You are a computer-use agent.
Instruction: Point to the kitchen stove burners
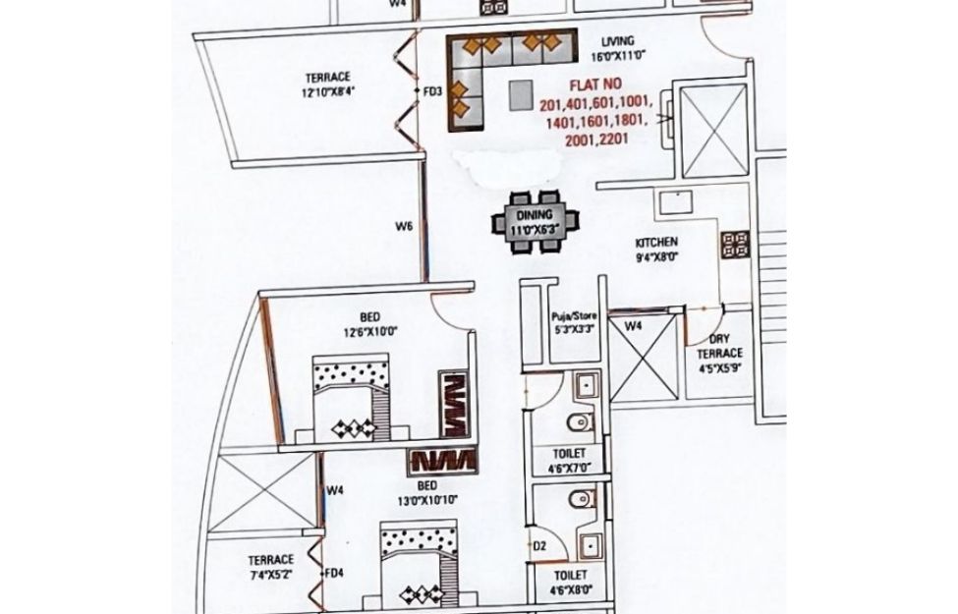(x=734, y=244)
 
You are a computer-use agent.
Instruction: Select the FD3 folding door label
(x=431, y=91)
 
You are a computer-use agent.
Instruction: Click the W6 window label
(x=403, y=227)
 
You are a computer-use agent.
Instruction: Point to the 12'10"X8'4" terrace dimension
(x=328, y=93)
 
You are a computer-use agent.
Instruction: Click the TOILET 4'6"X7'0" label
(x=570, y=459)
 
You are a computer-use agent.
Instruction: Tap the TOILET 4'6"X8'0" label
(x=570, y=581)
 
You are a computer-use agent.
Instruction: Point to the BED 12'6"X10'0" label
(x=369, y=324)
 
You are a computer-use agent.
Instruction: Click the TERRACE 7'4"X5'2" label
(x=270, y=566)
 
